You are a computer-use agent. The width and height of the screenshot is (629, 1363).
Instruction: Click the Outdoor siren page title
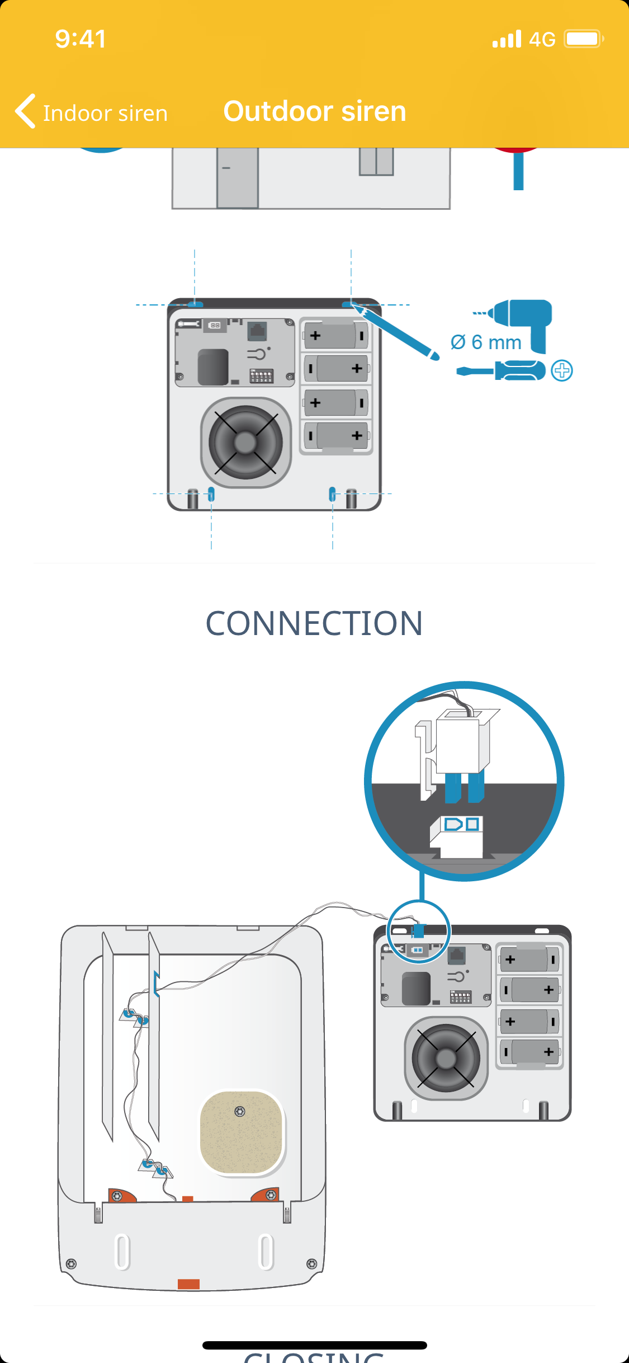point(315,111)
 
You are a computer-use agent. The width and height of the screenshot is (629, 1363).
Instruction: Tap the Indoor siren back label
point(105,114)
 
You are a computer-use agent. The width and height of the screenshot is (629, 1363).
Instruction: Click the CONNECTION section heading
point(314,623)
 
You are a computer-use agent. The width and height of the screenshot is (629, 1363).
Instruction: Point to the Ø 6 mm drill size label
point(486,342)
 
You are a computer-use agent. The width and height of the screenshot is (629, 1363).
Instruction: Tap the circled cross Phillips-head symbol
point(562,370)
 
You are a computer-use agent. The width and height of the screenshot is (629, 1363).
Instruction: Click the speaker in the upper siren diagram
point(245,442)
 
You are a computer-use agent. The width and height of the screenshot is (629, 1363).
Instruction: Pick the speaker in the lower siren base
point(446,1058)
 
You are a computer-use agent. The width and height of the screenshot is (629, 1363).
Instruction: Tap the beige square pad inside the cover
point(242,1131)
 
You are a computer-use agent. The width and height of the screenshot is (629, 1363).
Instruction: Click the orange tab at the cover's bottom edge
point(188,1284)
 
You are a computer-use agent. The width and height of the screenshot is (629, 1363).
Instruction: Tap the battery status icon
point(583,39)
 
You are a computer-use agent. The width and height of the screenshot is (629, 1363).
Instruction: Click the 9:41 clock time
point(81,39)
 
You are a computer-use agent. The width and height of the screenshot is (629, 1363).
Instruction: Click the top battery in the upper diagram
point(336,335)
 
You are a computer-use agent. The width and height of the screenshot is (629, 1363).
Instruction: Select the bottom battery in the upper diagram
point(336,436)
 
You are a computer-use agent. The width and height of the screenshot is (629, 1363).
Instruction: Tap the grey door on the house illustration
point(238,177)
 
